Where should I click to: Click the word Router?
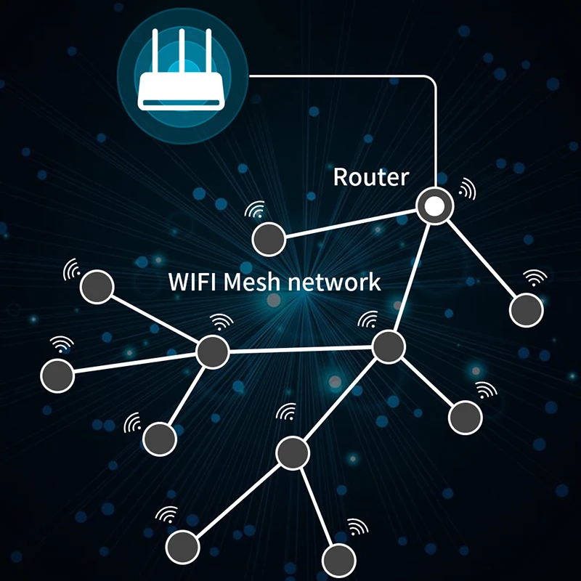[370, 176]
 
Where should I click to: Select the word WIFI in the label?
[192, 281]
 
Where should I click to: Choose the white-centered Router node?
[434, 206]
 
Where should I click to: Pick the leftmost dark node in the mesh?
[58, 375]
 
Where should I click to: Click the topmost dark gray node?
[269, 238]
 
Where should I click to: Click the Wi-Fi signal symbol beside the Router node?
[467, 190]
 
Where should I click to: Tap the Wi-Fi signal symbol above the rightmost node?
[535, 278]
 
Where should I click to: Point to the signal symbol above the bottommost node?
[357, 527]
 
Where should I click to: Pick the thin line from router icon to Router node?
[436, 123]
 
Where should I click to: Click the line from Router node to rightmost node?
[480, 258]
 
